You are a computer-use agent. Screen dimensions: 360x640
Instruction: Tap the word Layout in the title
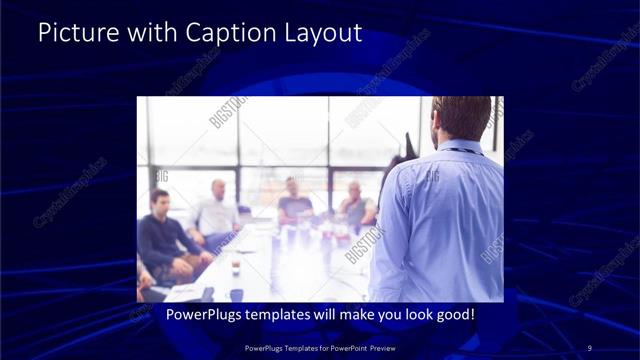click(x=323, y=32)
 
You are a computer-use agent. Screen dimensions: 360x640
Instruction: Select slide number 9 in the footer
click(x=589, y=347)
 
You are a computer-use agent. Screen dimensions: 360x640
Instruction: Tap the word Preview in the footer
click(x=377, y=347)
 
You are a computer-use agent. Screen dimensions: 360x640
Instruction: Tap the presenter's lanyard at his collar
click(x=461, y=150)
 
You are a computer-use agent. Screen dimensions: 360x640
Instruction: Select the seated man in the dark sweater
click(x=160, y=235)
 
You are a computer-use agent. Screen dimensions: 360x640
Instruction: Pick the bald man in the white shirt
click(x=216, y=210)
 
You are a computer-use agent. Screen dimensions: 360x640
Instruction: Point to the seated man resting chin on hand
click(x=354, y=205)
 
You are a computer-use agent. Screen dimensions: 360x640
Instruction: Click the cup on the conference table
click(x=236, y=267)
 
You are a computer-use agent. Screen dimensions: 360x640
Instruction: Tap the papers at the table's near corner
click(x=185, y=292)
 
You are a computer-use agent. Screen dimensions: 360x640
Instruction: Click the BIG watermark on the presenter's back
click(x=432, y=177)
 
